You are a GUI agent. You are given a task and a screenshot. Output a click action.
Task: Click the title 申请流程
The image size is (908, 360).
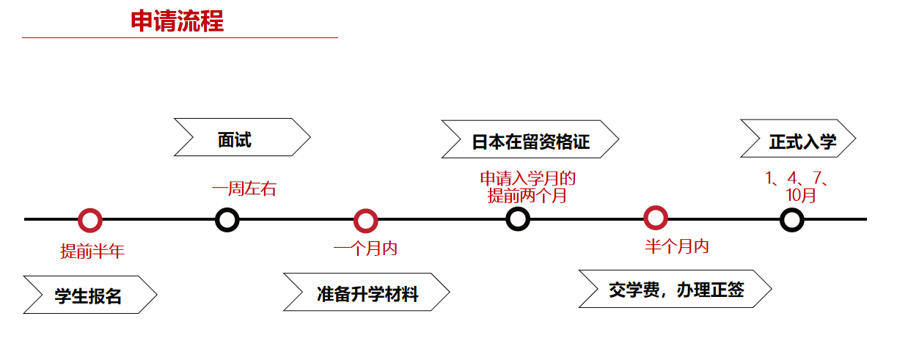[x=177, y=21]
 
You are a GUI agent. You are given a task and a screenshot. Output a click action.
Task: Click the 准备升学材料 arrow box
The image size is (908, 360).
[x=366, y=293]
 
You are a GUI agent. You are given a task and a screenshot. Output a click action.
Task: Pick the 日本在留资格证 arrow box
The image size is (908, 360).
[x=530, y=139]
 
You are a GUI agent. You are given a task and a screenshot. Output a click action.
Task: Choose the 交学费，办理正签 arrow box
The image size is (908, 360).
[x=675, y=289]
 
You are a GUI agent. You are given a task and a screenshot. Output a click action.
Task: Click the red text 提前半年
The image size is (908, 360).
[x=92, y=251]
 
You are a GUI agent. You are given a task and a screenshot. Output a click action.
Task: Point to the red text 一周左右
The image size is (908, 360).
[x=244, y=189]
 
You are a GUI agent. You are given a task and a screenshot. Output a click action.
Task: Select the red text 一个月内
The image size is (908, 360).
[x=365, y=249]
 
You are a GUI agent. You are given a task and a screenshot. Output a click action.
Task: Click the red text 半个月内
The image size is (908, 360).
[x=677, y=246]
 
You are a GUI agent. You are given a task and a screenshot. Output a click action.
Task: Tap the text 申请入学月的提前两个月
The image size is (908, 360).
[x=527, y=187]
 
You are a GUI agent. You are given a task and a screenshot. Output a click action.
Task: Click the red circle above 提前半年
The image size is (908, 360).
[x=89, y=219]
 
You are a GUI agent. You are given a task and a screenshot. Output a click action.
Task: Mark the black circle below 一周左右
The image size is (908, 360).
[x=227, y=219]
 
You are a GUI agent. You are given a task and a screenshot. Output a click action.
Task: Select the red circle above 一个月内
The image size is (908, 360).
[x=365, y=220]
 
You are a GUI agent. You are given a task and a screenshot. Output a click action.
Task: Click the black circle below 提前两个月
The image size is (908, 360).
[x=518, y=218]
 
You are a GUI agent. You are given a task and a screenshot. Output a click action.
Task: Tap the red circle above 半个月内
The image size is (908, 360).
[x=655, y=218]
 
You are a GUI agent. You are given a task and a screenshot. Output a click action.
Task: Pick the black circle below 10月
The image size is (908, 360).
[x=791, y=219]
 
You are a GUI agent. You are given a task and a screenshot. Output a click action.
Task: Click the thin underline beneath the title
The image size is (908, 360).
[x=180, y=37]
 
